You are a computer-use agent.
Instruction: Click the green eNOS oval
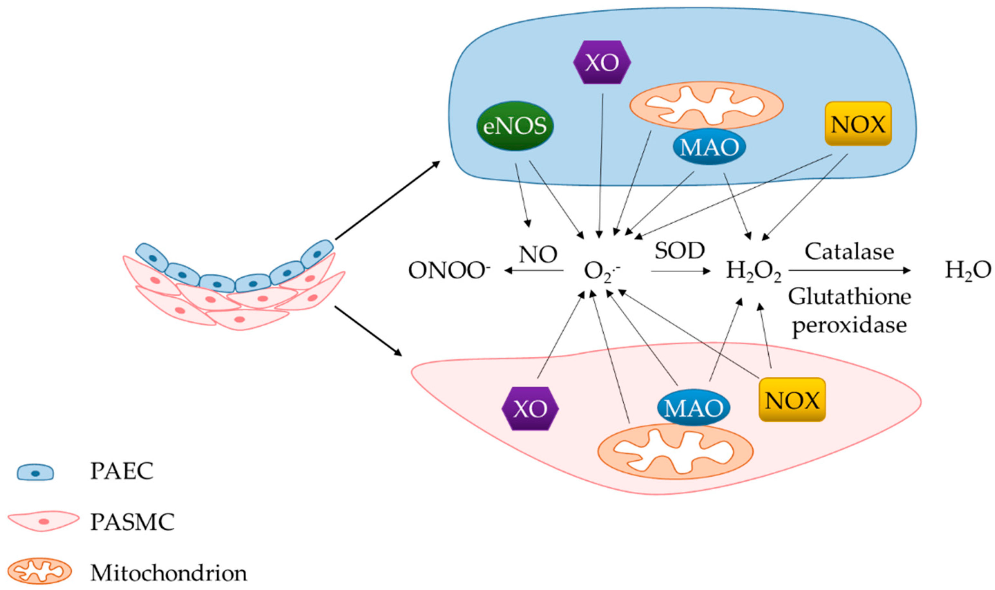tap(515, 126)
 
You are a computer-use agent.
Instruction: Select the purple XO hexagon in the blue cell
tap(602, 62)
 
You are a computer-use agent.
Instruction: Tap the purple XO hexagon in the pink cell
tap(530, 408)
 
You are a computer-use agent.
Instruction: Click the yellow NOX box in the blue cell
tap(858, 124)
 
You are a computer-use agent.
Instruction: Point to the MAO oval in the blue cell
tap(709, 147)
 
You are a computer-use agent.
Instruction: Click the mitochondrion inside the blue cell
tap(706, 105)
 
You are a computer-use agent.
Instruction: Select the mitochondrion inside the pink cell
tap(675, 451)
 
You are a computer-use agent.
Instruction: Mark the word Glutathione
tap(849, 297)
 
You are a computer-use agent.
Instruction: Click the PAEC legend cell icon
tap(35, 472)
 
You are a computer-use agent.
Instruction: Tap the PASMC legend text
tap(132, 522)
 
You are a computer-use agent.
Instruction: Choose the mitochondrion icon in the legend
tap(40, 571)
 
